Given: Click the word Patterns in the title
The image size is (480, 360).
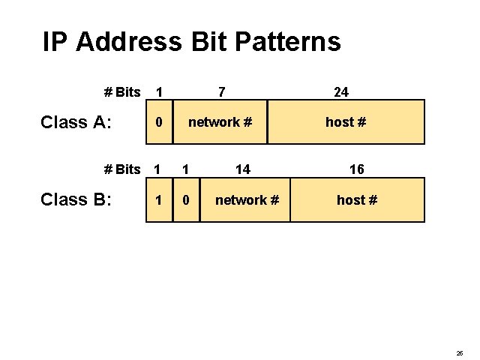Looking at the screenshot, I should click(x=288, y=42).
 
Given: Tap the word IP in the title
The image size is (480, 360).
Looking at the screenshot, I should click(x=55, y=41).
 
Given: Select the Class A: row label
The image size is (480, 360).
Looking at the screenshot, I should click(x=75, y=122).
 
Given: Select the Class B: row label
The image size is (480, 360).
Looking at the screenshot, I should click(x=75, y=199).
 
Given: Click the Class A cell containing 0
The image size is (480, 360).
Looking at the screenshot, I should click(x=157, y=122).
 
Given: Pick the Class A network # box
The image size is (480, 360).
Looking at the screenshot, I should click(x=218, y=121).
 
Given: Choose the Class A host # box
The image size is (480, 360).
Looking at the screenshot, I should click(x=346, y=121).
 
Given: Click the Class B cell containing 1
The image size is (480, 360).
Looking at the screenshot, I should click(x=157, y=200).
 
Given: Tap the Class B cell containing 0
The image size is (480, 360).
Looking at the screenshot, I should click(x=187, y=200).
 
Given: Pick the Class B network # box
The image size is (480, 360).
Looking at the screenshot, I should click(x=245, y=200).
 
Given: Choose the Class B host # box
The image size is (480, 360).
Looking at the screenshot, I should click(x=357, y=200).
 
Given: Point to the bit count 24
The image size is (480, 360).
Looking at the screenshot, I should click(x=340, y=92).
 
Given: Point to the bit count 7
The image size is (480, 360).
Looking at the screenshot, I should click(x=220, y=92).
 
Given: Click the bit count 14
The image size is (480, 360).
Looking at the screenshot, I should click(x=242, y=169).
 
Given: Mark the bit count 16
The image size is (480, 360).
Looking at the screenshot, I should click(x=356, y=169).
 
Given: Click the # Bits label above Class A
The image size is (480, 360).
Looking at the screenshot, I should click(x=121, y=92).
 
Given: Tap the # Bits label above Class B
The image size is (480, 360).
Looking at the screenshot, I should click(x=121, y=169).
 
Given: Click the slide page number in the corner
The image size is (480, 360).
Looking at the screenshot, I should click(x=459, y=352).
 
